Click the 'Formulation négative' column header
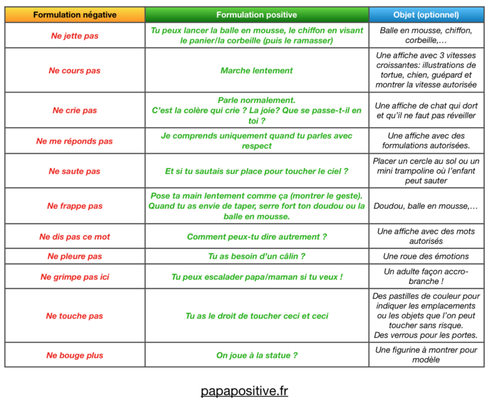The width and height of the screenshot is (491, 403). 75,15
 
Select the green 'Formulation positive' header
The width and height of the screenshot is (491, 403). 256,15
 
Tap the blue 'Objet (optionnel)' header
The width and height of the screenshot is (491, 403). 426,15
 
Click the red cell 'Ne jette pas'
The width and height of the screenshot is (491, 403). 75,36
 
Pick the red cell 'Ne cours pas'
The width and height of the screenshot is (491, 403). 75,71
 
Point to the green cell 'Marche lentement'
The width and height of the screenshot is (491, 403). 256,71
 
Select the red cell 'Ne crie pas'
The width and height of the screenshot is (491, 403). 75,110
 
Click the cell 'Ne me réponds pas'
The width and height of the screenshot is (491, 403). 75,141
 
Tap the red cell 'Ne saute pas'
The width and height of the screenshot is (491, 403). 75,171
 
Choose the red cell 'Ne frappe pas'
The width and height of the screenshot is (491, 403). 75,206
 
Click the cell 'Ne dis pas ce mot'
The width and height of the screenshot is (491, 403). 75,237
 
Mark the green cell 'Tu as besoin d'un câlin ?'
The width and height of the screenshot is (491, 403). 256,257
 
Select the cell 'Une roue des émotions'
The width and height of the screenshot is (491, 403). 426,257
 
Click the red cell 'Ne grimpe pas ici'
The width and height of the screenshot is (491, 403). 75,277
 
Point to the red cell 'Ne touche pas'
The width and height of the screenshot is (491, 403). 75,316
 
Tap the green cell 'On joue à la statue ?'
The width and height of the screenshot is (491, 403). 256,355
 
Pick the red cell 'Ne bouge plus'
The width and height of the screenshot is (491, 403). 75,355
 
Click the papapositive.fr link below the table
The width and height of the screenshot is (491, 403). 244,390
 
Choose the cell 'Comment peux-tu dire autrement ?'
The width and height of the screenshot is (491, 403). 256,237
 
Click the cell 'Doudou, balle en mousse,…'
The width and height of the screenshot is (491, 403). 426,206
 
